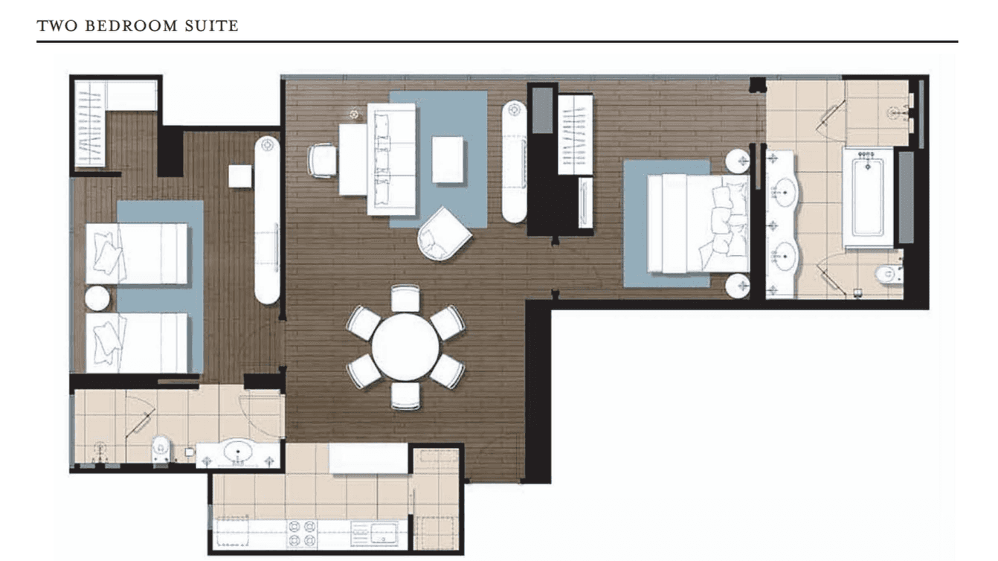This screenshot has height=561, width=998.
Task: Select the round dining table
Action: pos(405,347)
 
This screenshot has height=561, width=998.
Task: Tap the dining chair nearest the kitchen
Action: pos(405,396)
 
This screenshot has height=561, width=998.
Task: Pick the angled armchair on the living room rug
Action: pos(444,233)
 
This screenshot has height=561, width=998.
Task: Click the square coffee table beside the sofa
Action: pos(448,160)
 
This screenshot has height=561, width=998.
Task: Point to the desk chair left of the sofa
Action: pos(322,160)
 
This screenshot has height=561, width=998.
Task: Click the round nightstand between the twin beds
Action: pos(97,298)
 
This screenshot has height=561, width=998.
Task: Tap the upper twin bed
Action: pos(137,253)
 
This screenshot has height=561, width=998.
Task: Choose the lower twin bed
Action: pos(137,342)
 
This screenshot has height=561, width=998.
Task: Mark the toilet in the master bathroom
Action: pos(887,275)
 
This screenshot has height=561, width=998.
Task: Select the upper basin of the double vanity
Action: pos(783,193)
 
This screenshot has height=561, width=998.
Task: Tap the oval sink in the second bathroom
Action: pos(239,452)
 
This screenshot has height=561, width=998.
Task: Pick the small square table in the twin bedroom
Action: pos(239,176)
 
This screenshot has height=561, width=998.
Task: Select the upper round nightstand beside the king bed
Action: pos(738,161)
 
